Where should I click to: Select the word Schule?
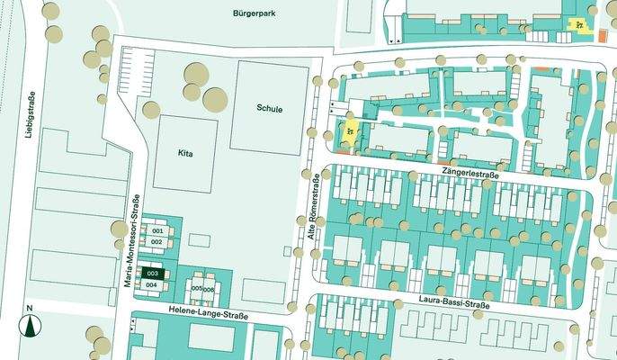coord(269,109)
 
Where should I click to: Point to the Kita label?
coord(185,154)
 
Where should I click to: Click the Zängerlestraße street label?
coord(469,169)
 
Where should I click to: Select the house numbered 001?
coord(156,231)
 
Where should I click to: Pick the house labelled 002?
coord(156,242)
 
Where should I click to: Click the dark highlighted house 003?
coord(152,273)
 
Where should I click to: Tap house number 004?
coord(152,284)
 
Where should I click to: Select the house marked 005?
coord(197,289)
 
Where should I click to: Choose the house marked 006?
coord(210,289)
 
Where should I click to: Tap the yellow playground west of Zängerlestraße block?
coord(348,134)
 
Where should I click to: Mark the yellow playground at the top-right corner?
coord(581,23)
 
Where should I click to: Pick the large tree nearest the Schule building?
coord(216,99)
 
